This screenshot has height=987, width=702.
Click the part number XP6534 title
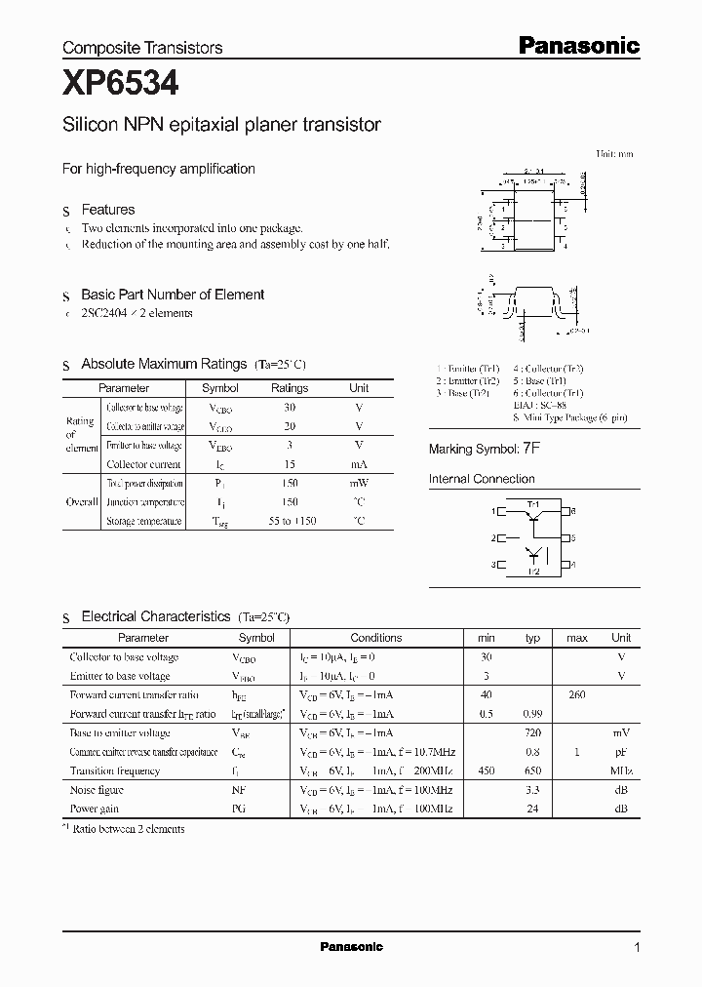pyautogui.click(x=120, y=84)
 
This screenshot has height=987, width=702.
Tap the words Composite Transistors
pyautogui.click(x=142, y=47)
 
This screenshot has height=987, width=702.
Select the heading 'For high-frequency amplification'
pyautogui.click(x=159, y=169)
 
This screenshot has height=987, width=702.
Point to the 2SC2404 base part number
pyautogui.click(x=105, y=313)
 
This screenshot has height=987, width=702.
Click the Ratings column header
pyautogui.click(x=289, y=388)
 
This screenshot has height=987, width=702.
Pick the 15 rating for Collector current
pyautogui.click(x=289, y=464)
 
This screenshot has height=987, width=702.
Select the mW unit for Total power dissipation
pyautogui.click(x=359, y=484)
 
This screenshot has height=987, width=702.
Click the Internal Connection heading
pyautogui.click(x=482, y=479)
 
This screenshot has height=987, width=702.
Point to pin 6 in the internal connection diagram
pyautogui.click(x=573, y=511)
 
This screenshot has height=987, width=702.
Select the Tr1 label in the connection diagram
pyautogui.click(x=532, y=504)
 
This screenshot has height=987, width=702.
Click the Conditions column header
pyautogui.click(x=375, y=638)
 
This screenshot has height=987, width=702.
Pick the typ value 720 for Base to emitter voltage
pyautogui.click(x=532, y=732)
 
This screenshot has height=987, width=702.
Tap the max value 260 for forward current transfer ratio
pyautogui.click(x=576, y=694)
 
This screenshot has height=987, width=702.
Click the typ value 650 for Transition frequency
pyautogui.click(x=532, y=770)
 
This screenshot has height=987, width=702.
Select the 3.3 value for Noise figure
pyautogui.click(x=532, y=790)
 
